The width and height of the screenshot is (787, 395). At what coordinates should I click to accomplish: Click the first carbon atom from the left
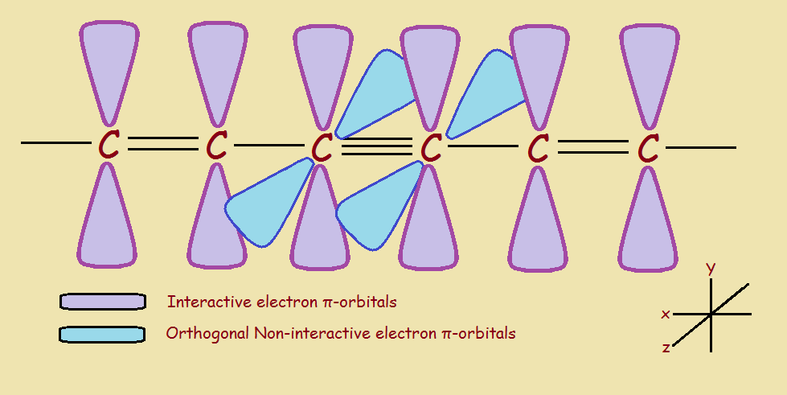pyautogui.click(x=109, y=146)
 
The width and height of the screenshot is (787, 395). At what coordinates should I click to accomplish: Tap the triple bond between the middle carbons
pyautogui.click(x=376, y=147)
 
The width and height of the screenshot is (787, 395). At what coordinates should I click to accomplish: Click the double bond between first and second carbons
pyautogui.click(x=162, y=145)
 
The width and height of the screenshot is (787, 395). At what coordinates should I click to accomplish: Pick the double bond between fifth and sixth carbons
pyautogui.click(x=593, y=146)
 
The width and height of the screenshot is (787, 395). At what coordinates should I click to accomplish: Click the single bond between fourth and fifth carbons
pyautogui.click(x=482, y=146)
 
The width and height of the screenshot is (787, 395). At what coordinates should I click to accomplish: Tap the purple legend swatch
pyautogui.click(x=103, y=301)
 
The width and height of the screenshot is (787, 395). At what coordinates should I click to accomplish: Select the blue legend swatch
pyautogui.click(x=102, y=333)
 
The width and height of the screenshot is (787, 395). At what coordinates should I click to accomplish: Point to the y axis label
pyautogui.click(x=711, y=269)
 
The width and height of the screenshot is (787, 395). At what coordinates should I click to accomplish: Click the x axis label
pyautogui.click(x=666, y=314)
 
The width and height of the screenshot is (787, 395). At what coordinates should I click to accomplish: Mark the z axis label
pyautogui.click(x=666, y=348)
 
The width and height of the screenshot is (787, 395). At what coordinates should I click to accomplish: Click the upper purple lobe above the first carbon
pyautogui.click(x=109, y=64)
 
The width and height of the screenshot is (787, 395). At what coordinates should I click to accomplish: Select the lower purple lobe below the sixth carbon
pyautogui.click(x=647, y=221)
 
